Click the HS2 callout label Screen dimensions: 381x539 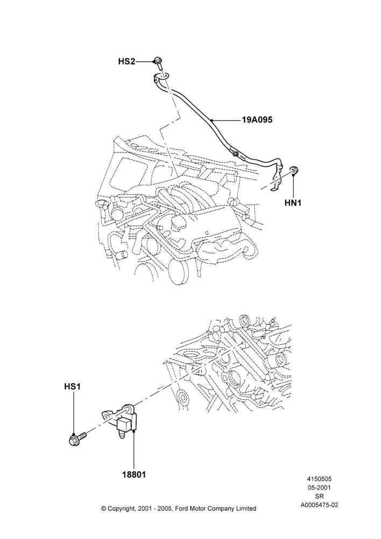click(126, 61)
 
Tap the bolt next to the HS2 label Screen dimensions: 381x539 click(159, 62)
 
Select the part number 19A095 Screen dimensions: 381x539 click(257, 120)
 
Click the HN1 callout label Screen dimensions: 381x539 click(293, 203)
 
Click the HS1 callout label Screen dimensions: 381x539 click(73, 386)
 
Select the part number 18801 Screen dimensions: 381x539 click(133, 474)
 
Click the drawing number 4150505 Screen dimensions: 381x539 click(319, 479)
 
